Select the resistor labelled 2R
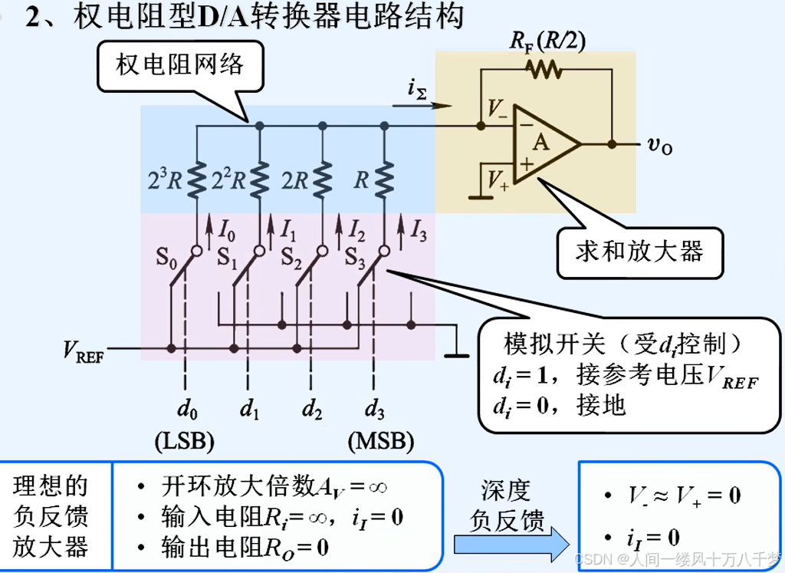click(x=322, y=179)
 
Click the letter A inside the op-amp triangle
click(x=541, y=143)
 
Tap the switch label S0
click(x=167, y=257)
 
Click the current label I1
click(x=287, y=231)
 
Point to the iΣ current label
click(x=418, y=90)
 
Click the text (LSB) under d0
click(x=184, y=442)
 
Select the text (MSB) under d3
click(x=380, y=442)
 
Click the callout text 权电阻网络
click(x=179, y=64)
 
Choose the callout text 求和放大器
click(x=639, y=252)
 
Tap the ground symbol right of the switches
click(x=457, y=354)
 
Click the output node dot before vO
click(x=612, y=143)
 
